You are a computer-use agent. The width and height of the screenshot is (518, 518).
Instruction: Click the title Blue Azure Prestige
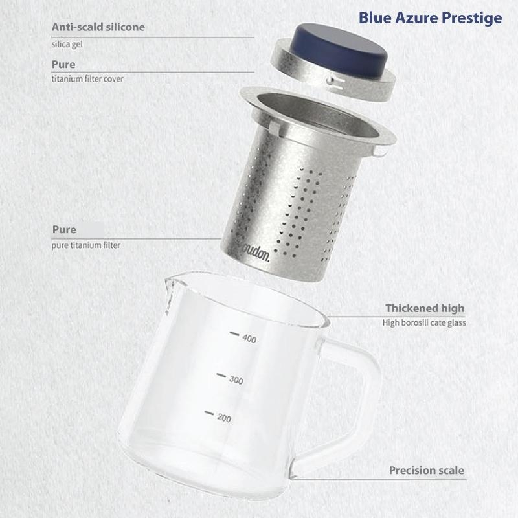[430, 19]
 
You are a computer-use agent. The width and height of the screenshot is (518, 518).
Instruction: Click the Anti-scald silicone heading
[98, 27]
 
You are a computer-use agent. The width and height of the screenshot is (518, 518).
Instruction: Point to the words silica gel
[67, 44]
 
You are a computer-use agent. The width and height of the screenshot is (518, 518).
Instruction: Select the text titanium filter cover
[87, 79]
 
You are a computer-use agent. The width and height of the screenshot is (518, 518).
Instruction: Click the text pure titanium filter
[86, 245]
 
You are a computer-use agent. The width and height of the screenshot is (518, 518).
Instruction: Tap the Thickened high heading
[425, 308]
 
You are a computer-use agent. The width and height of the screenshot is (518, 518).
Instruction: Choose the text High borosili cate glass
[424, 322]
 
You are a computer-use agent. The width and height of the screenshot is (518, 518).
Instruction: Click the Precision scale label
[427, 471]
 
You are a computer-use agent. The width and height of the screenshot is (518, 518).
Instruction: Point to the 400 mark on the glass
[249, 339]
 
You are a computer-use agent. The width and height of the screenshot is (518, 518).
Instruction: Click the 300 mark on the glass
[236, 380]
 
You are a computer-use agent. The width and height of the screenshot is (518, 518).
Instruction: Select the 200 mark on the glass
[224, 418]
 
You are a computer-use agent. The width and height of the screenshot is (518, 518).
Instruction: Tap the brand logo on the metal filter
[256, 254]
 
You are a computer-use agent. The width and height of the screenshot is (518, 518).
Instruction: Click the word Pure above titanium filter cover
[63, 64]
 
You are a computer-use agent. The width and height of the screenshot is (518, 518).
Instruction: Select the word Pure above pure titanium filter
[64, 230]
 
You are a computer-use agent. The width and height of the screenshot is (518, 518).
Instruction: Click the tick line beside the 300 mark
[221, 376]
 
